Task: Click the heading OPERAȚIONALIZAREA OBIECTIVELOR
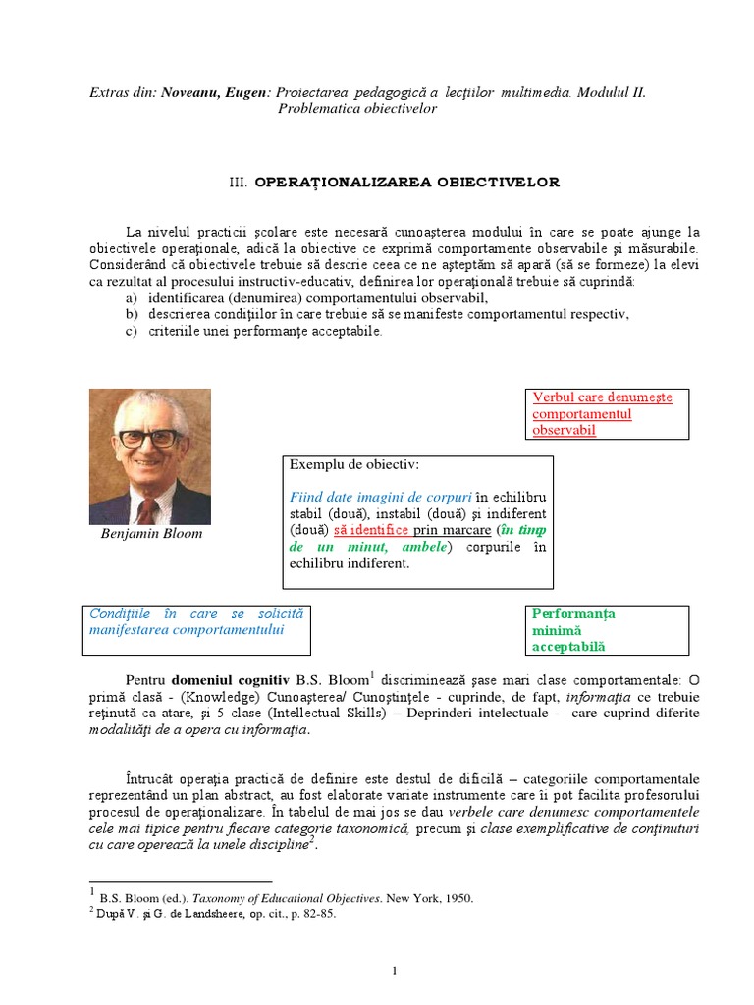click(x=407, y=183)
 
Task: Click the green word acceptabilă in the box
click(x=568, y=647)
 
